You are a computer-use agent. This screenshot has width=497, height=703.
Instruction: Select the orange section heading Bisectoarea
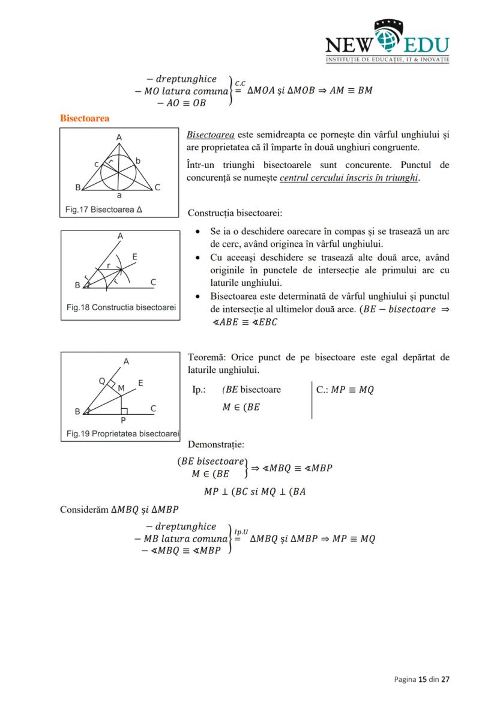point(85,118)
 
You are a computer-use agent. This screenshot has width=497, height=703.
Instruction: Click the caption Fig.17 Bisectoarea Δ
point(104,210)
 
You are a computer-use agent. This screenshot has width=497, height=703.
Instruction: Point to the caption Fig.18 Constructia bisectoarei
point(121,307)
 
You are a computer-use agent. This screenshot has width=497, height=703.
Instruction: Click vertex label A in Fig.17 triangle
point(119,137)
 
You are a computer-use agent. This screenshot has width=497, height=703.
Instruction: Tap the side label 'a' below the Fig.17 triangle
point(119,196)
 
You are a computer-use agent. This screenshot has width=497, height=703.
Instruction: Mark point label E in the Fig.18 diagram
point(135,256)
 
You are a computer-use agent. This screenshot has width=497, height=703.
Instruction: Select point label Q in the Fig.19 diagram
point(102,381)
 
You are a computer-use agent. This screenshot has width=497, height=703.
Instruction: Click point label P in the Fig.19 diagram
point(123,420)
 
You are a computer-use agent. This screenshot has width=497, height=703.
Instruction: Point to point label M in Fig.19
point(121,388)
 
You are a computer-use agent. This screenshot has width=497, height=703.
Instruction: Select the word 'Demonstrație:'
point(215,444)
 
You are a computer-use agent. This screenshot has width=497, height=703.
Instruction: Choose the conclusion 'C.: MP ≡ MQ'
point(345,390)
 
